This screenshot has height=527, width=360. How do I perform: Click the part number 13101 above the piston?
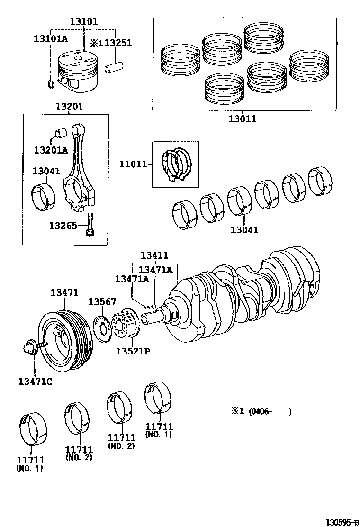pos(84,22)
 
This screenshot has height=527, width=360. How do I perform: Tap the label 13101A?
pos(50,39)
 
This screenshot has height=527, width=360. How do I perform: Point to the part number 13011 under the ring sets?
pos(242,119)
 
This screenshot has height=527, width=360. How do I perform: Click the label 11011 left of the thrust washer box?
pos(133,164)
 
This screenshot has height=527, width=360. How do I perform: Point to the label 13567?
pos(102,302)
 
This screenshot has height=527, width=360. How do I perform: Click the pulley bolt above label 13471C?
pos(34,348)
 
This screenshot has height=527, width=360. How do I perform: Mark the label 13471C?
pos(35,381)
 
